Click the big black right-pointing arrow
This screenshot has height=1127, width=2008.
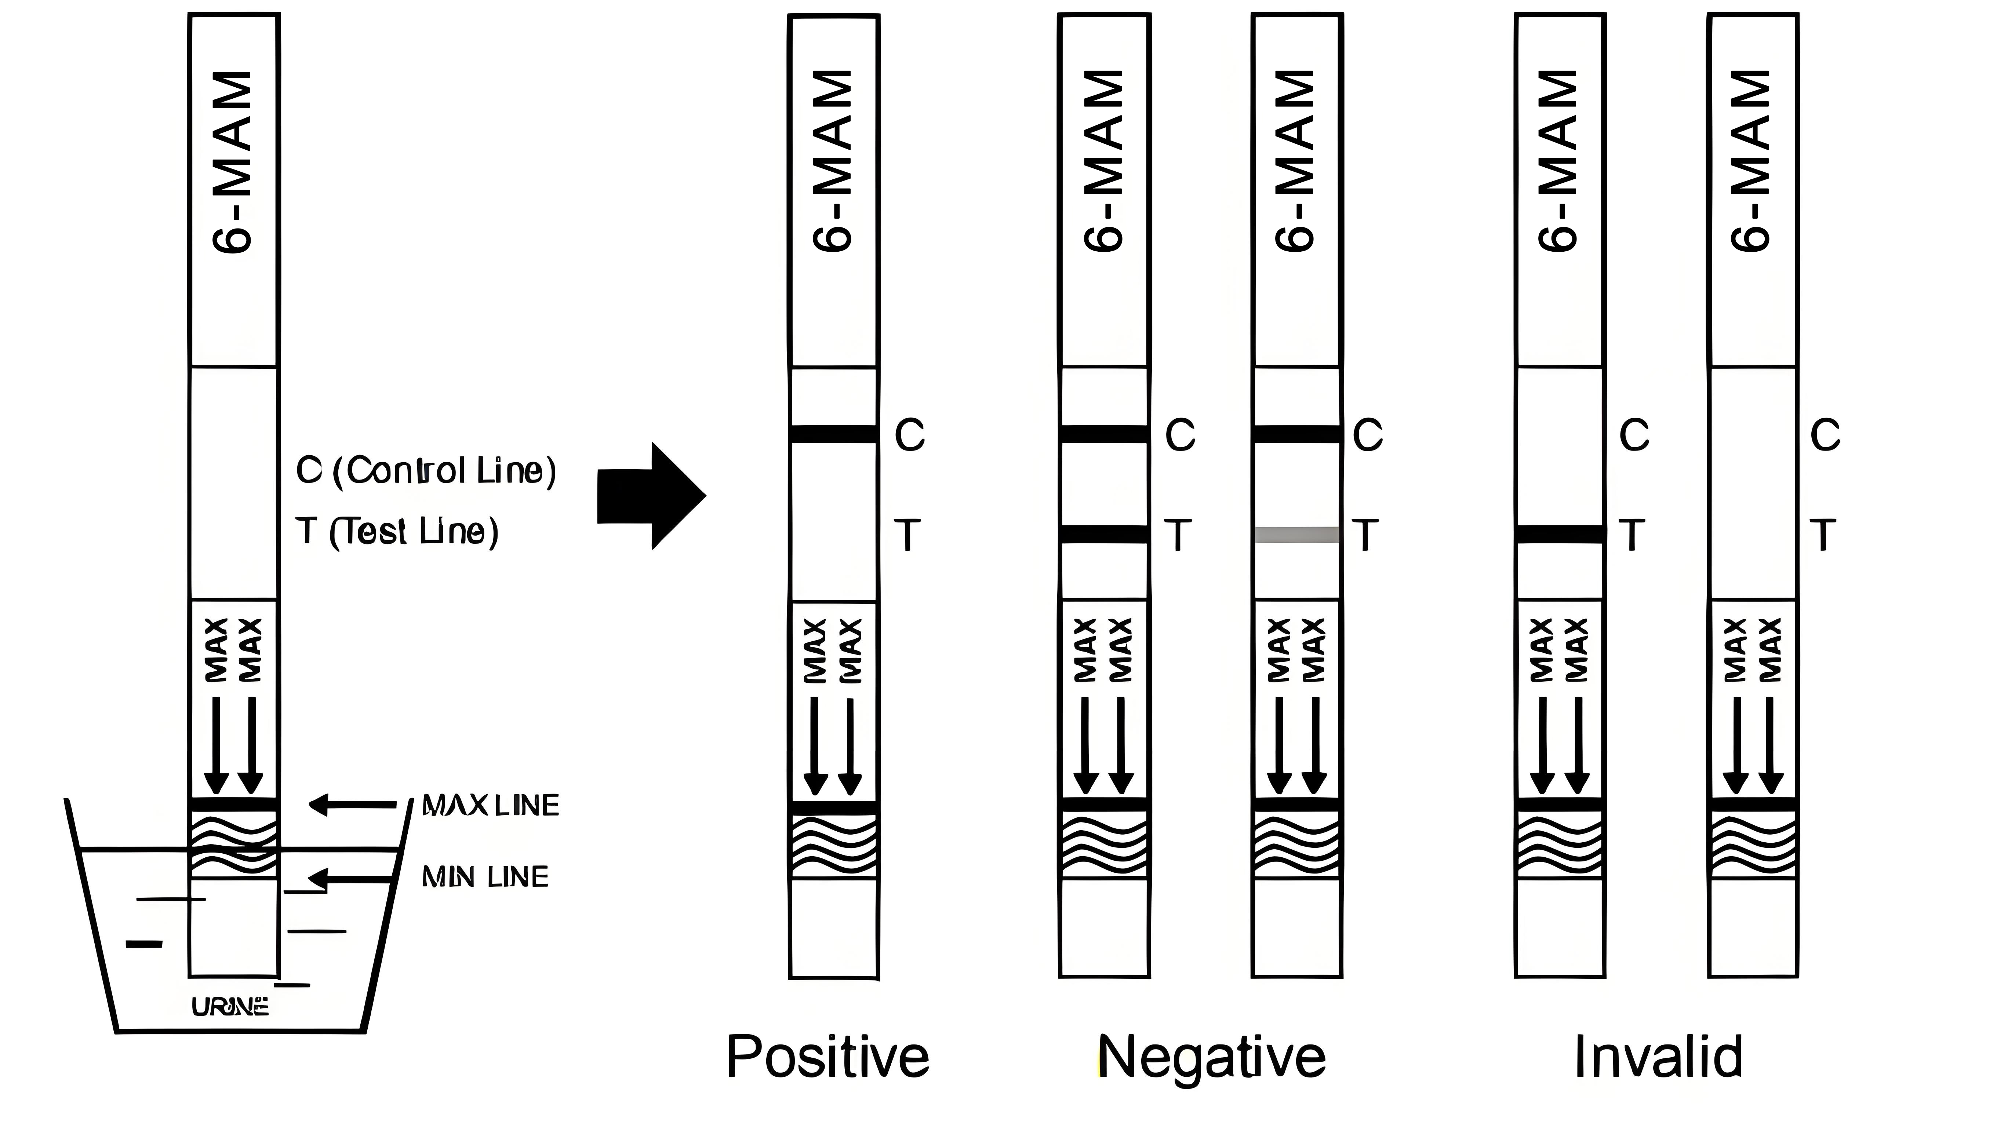(x=651, y=496)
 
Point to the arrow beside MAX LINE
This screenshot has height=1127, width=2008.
(x=352, y=804)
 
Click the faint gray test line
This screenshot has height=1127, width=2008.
(x=1296, y=535)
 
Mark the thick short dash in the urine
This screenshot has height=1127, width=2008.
(x=144, y=944)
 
